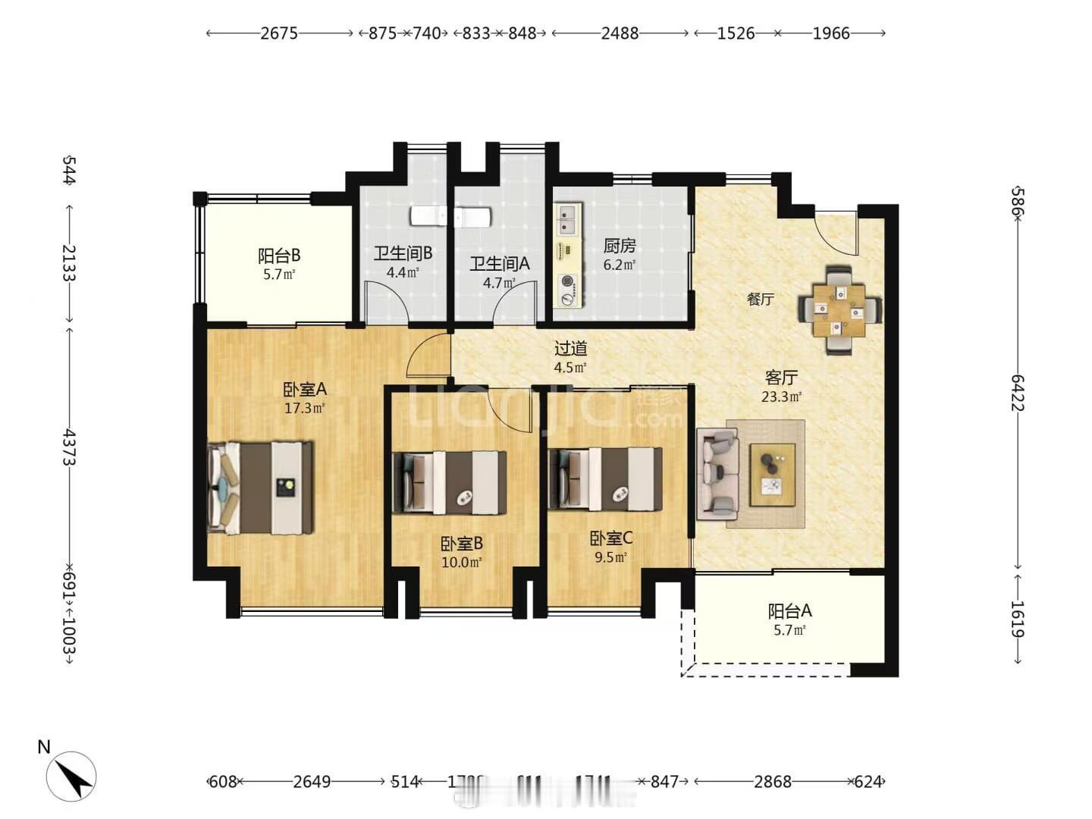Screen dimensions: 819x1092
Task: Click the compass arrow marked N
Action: click(x=70, y=776)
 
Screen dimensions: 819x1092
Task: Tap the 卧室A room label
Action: click(x=304, y=390)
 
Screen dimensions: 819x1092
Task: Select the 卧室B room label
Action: click(x=461, y=544)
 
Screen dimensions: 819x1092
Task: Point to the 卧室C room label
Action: click(x=611, y=538)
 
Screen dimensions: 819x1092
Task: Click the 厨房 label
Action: click(x=619, y=246)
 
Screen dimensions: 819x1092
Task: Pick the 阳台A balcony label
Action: click(x=789, y=610)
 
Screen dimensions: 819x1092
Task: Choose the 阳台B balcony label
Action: click(x=279, y=256)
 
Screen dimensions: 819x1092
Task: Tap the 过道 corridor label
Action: click(x=570, y=349)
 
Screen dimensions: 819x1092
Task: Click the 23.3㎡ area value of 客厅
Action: click(x=781, y=396)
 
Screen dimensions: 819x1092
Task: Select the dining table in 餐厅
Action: click(x=839, y=310)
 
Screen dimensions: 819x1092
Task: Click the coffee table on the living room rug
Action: click(x=772, y=475)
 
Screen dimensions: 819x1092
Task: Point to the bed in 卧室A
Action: click(x=260, y=488)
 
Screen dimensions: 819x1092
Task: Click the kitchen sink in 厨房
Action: click(x=567, y=220)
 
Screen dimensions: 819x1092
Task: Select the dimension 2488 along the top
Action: click(x=620, y=33)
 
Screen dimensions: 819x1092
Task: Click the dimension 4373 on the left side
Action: click(x=70, y=447)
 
